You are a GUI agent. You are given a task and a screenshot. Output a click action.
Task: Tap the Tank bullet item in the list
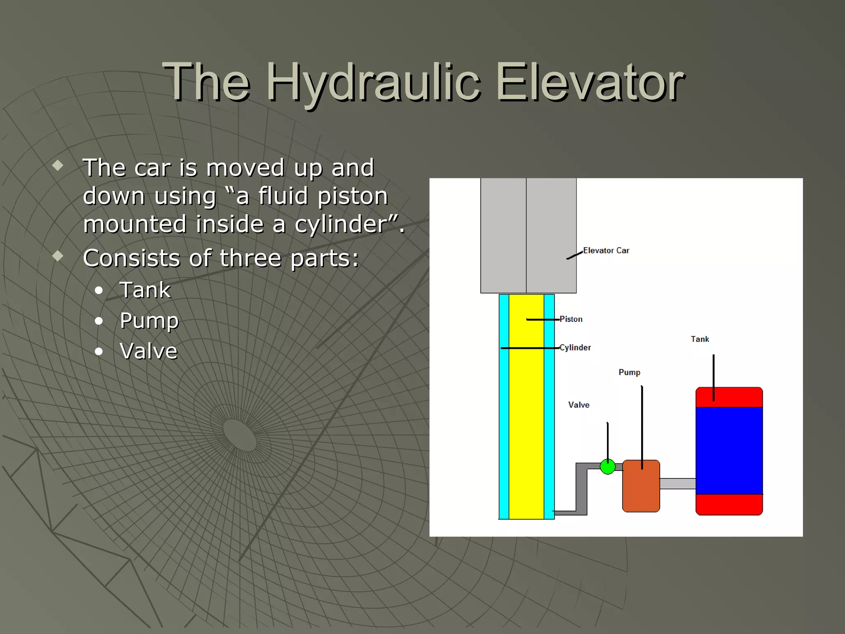[x=145, y=290]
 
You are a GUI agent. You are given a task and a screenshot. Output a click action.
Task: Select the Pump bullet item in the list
[x=149, y=321]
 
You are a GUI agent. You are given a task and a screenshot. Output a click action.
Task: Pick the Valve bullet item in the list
[x=149, y=351]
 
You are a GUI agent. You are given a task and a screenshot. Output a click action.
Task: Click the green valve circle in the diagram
[x=607, y=467]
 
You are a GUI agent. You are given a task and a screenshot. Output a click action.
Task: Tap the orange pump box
[x=641, y=491]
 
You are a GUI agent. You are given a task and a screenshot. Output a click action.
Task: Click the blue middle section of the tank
[x=729, y=450]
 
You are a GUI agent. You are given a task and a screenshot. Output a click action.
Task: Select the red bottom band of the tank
[x=729, y=504]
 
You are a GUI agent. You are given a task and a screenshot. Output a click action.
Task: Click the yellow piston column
[x=526, y=413]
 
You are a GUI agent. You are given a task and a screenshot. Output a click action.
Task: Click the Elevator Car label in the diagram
[x=606, y=251]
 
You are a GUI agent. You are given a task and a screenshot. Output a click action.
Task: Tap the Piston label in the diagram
[x=571, y=319]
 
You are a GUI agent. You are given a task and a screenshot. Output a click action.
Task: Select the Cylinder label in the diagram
[x=575, y=348]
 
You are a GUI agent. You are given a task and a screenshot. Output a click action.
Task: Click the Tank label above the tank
[x=700, y=339]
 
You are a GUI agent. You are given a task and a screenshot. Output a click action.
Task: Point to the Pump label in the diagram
[x=629, y=372]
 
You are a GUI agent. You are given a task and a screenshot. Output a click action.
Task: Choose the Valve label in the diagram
[x=578, y=405]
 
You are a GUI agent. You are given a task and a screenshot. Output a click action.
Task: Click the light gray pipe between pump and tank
[x=677, y=484]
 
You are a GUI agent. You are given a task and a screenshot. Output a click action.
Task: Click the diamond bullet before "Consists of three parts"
[x=58, y=256]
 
